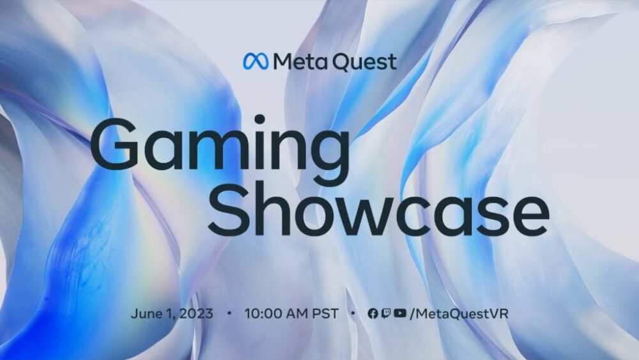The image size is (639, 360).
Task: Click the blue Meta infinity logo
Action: pos(256,61)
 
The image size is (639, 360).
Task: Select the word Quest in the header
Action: pos(364,63)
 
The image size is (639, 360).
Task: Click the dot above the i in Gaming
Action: pos(259,120)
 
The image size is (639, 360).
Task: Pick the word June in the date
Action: pos(145,313)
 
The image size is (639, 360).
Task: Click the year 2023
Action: pos(196,313)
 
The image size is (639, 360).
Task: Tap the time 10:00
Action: pos(262,313)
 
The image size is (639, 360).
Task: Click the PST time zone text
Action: pos(325,313)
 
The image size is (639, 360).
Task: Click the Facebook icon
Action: pos(373,313)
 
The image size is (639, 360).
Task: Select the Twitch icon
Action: pos(386,313)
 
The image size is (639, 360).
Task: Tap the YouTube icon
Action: pos(400,313)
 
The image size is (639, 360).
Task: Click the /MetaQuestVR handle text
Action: pos(459,313)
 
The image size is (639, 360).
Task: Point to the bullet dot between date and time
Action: pos(229,313)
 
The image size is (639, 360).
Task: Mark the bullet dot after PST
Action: pos(353,313)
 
